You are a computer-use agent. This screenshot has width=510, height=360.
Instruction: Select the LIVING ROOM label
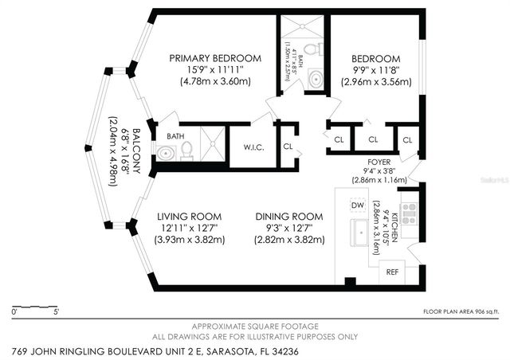(189, 217)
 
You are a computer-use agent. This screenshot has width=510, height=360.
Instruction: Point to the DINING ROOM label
(289, 217)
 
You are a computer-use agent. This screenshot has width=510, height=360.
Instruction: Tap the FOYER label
(373, 160)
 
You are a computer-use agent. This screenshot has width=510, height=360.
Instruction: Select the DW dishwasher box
(358, 206)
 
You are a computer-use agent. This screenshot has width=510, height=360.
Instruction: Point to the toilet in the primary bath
(186, 148)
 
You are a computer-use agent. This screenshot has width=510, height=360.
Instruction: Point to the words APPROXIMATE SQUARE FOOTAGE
(256, 327)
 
